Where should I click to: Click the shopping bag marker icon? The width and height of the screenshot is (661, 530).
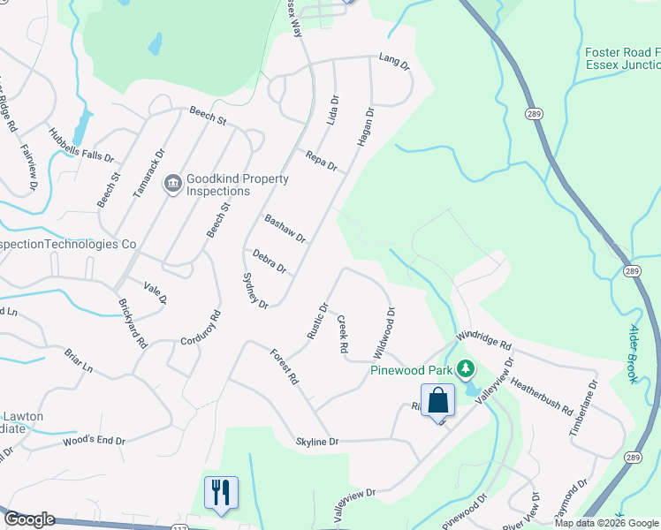pos(437,400)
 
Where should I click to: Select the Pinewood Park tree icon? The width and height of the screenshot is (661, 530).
pos(467,369)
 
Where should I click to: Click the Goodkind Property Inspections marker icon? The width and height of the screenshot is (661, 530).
pos(172,184)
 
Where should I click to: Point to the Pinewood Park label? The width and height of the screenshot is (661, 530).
pos(411,369)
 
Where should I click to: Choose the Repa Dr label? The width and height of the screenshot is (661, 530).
pos(322,160)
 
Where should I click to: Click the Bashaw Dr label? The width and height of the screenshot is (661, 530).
pos(285,228)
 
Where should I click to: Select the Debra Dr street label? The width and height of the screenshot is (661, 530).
pos(270,261)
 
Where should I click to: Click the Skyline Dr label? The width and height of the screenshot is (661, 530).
pos(317,441)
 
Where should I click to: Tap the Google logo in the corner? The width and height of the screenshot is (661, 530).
pos(29,520)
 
